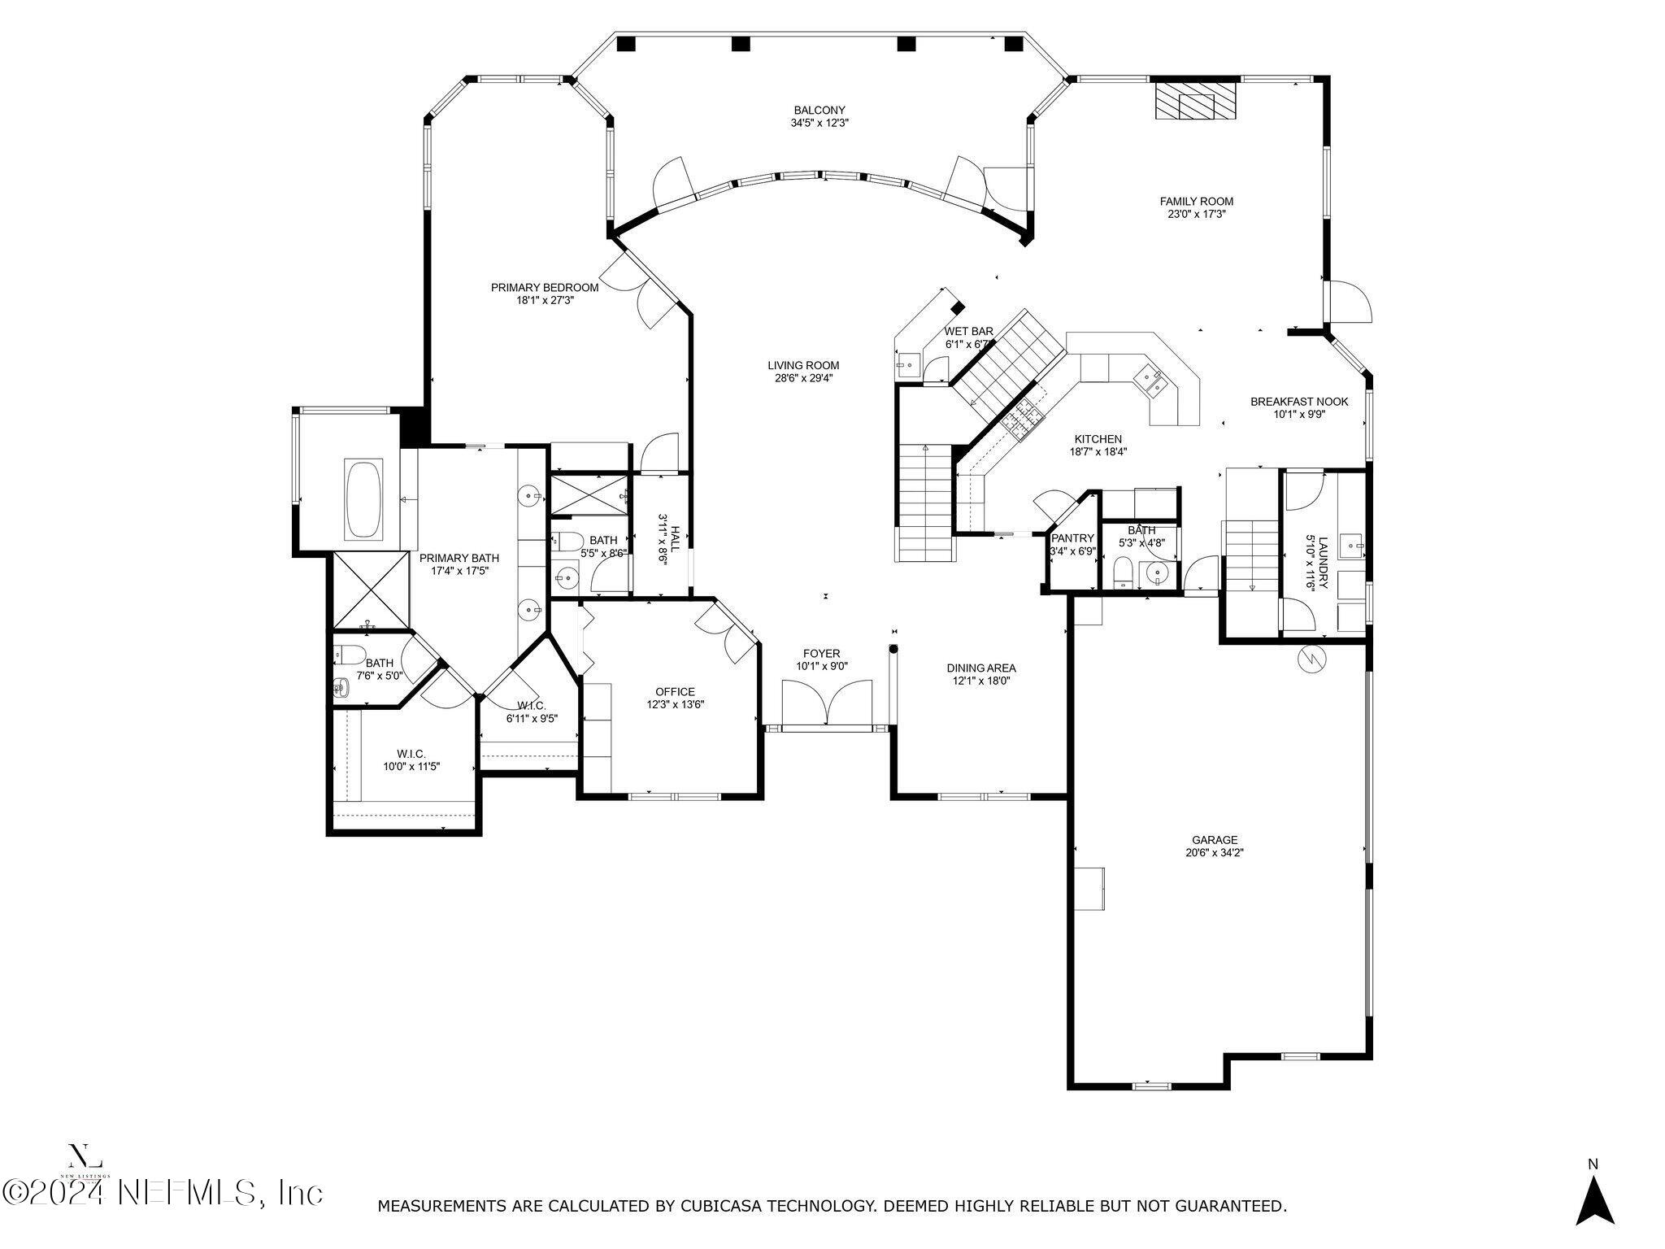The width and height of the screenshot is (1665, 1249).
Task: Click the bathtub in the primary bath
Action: point(364,499)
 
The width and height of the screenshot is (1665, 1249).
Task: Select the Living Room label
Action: point(803,366)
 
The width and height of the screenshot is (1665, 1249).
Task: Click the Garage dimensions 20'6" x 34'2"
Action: point(1215,853)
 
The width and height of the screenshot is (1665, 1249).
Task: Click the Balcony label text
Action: point(819,111)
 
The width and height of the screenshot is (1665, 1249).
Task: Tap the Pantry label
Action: point(1073,538)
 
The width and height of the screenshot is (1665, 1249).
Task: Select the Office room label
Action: point(675,692)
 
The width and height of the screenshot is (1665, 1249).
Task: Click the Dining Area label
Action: point(981,668)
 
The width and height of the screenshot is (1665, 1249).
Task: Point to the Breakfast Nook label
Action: point(1299,402)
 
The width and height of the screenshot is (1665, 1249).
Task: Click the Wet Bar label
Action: point(968,332)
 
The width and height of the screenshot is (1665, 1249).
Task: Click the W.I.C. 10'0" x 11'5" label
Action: point(411,754)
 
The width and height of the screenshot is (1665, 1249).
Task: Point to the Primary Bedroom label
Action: point(545,288)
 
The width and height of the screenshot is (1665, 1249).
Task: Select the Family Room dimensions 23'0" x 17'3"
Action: point(1196,215)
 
